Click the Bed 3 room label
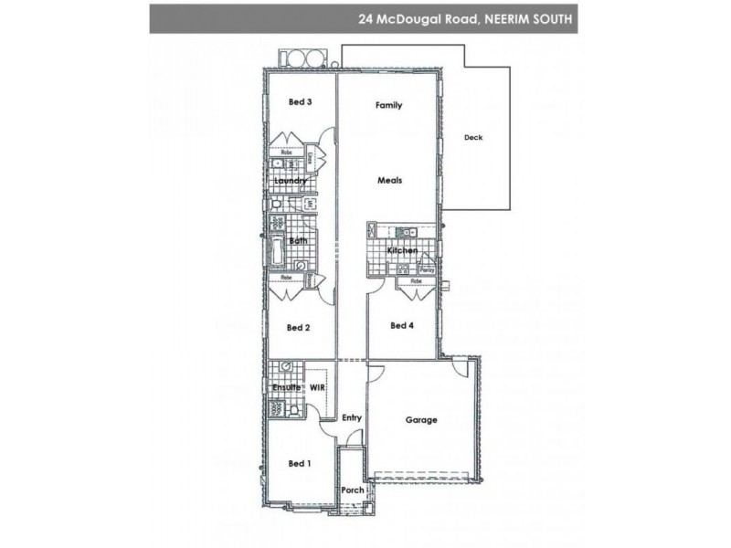pyautogui.click(x=301, y=102)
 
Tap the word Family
pyautogui.click(x=389, y=106)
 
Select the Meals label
pyautogui.click(x=390, y=181)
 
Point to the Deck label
pyautogui.click(x=472, y=138)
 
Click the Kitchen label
pyautogui.click(x=402, y=250)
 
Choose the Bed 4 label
pyautogui.click(x=402, y=325)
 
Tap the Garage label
pyautogui.click(x=421, y=421)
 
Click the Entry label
pyautogui.click(x=352, y=418)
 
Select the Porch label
pyautogui.click(x=352, y=490)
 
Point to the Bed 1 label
pyautogui.click(x=300, y=464)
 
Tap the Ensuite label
pyautogui.click(x=287, y=388)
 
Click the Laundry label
pyautogui.click(x=291, y=181)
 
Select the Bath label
pyautogui.click(x=298, y=241)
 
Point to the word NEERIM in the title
pyautogui.click(x=503, y=17)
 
